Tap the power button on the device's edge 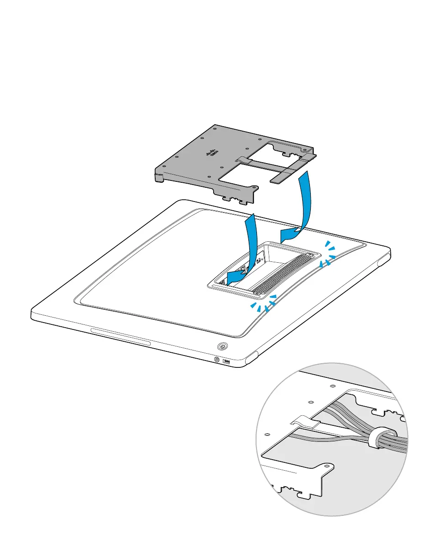click(x=222, y=346)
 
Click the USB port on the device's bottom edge click(x=227, y=362)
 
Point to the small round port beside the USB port click(x=217, y=359)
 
